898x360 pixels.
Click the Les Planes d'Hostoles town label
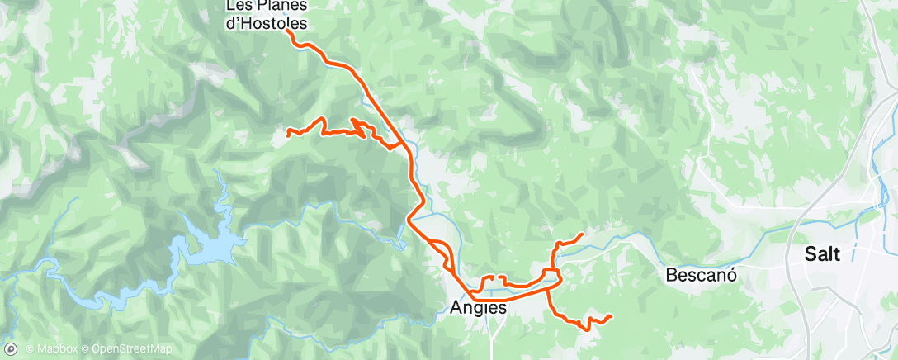coord(266,16)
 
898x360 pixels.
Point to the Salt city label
coord(825,255)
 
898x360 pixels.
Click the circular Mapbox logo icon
coord(11,349)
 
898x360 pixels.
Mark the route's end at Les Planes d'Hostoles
coord(288,32)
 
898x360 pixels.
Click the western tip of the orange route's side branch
coord(287,132)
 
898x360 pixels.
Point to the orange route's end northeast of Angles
coord(583,234)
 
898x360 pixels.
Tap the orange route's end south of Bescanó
coord(610,316)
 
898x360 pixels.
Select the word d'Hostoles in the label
coord(266,24)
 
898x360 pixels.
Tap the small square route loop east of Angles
coord(551,274)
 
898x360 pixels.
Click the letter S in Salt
coord(812,255)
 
